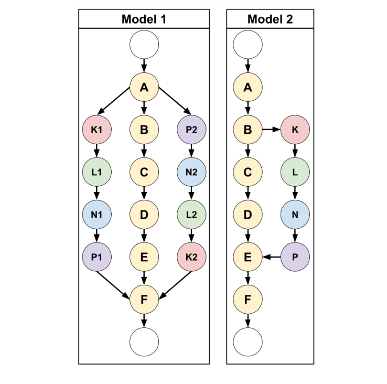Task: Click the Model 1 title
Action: tap(144, 19)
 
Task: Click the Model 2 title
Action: tap(270, 19)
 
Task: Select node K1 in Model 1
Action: tap(96, 129)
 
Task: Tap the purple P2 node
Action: tap(191, 129)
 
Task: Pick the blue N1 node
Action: tap(96, 215)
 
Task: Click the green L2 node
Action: tap(191, 215)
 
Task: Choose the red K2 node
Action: tap(191, 257)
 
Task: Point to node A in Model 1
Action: tap(144, 87)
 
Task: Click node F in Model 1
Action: tap(144, 300)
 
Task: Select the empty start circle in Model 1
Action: tap(144, 45)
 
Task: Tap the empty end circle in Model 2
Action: tap(248, 342)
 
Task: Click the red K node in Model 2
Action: tap(295, 129)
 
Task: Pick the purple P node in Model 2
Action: tap(295, 257)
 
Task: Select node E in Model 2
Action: tap(248, 257)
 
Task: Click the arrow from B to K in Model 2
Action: tap(271, 129)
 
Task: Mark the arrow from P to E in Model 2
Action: tap(271, 257)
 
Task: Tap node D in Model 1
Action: tap(144, 215)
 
